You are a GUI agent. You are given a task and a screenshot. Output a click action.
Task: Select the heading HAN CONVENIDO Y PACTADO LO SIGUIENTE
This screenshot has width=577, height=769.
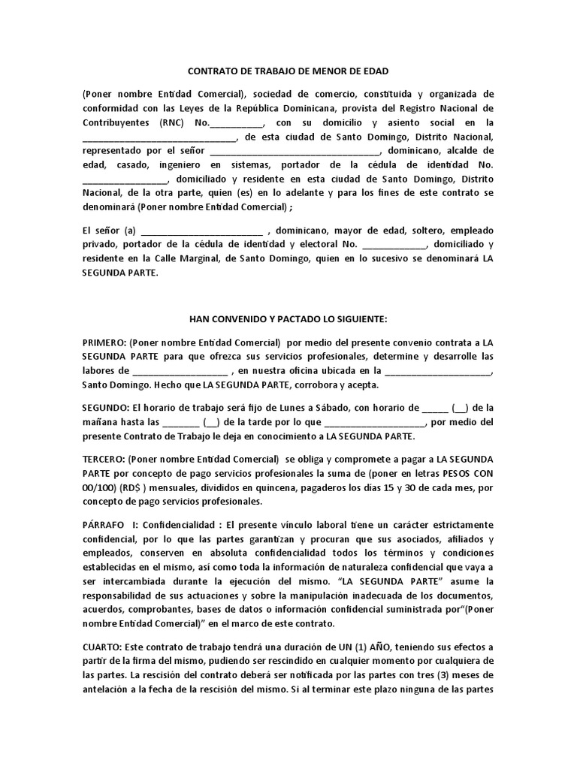[288, 319]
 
